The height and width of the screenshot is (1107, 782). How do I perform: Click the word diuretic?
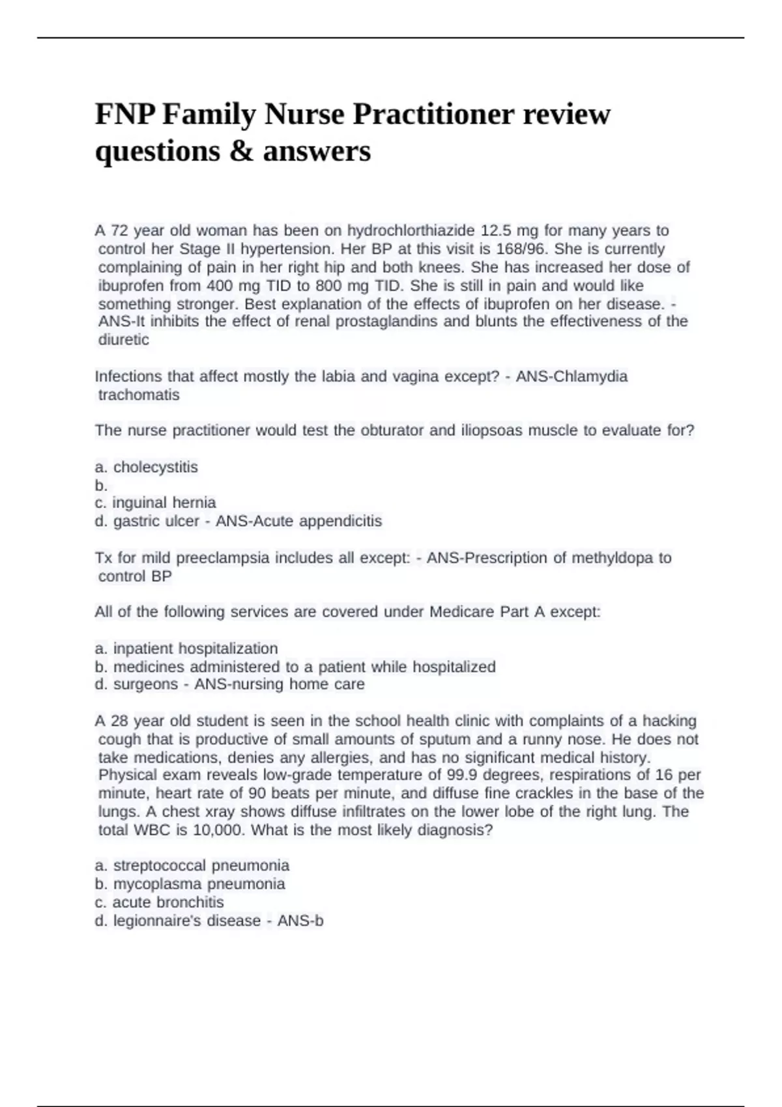(123, 339)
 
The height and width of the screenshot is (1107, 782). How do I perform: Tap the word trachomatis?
(138, 395)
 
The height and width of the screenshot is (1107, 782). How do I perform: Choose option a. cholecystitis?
(146, 467)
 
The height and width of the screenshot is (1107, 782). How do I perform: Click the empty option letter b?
(100, 485)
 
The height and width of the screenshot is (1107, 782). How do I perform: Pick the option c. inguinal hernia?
(155, 503)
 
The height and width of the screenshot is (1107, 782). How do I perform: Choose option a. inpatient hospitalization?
(186, 649)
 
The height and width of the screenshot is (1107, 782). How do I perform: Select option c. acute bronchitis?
(159, 903)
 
